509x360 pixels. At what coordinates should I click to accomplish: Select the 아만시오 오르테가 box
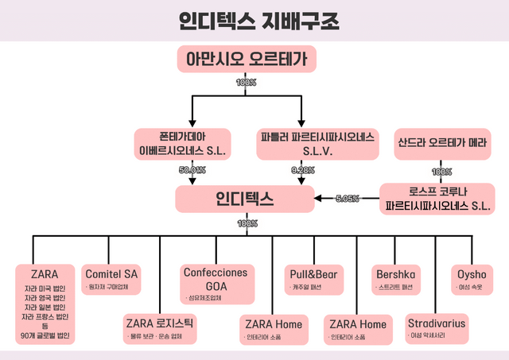tap(246, 59)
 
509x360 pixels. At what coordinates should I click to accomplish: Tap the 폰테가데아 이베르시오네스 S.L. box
tap(183, 142)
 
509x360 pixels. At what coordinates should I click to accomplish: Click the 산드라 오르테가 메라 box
tap(442, 144)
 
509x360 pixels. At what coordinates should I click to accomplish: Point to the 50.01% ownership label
tap(192, 170)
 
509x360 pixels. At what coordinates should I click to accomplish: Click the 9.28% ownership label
tap(303, 170)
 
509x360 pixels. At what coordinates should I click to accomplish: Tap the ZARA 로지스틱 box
tap(159, 327)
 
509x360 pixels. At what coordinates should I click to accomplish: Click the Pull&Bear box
tap(313, 278)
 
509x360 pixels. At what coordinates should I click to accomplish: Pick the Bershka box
tap(396, 278)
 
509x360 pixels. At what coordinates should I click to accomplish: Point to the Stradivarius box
tap(437, 327)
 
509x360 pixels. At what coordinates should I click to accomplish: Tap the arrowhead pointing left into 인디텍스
tap(318, 198)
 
